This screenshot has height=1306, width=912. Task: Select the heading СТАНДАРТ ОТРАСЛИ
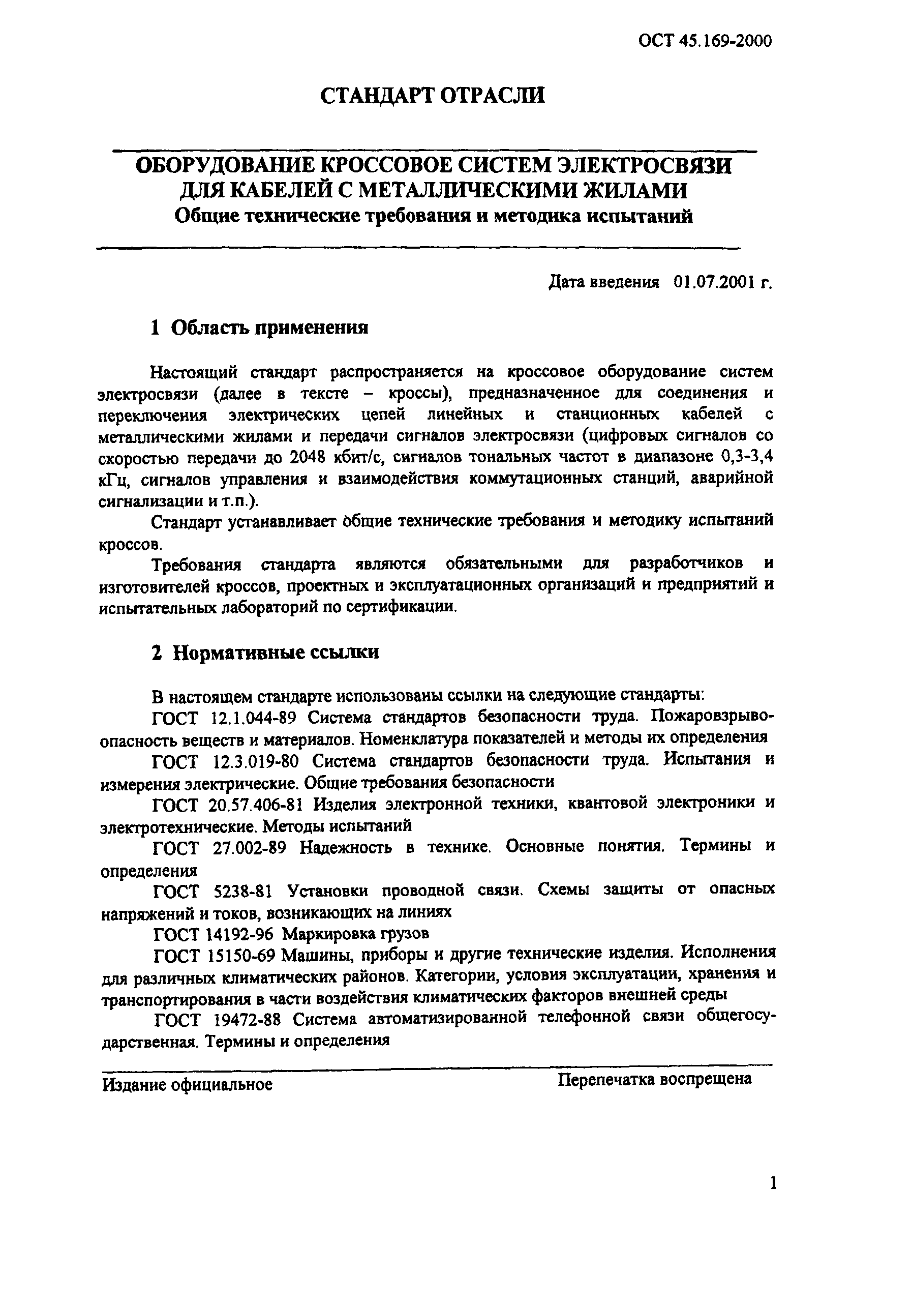click(x=433, y=95)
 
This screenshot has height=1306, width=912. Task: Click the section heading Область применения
click(x=269, y=328)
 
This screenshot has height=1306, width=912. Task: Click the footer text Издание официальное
click(x=187, y=1085)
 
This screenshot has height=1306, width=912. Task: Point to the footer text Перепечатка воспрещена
click(x=654, y=1080)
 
